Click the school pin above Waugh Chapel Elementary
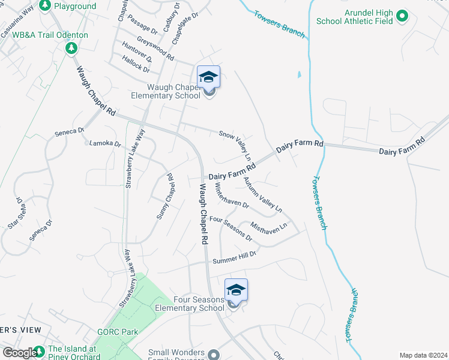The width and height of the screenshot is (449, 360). point(208,77)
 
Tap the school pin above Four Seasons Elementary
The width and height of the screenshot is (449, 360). point(236,290)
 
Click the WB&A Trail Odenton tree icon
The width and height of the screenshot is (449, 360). point(71,47)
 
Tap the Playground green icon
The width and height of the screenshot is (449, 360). point(44,5)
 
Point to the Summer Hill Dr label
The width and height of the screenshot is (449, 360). point(235,258)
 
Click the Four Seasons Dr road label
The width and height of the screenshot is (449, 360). point(231,229)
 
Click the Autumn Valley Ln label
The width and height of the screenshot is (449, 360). point(262,194)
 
